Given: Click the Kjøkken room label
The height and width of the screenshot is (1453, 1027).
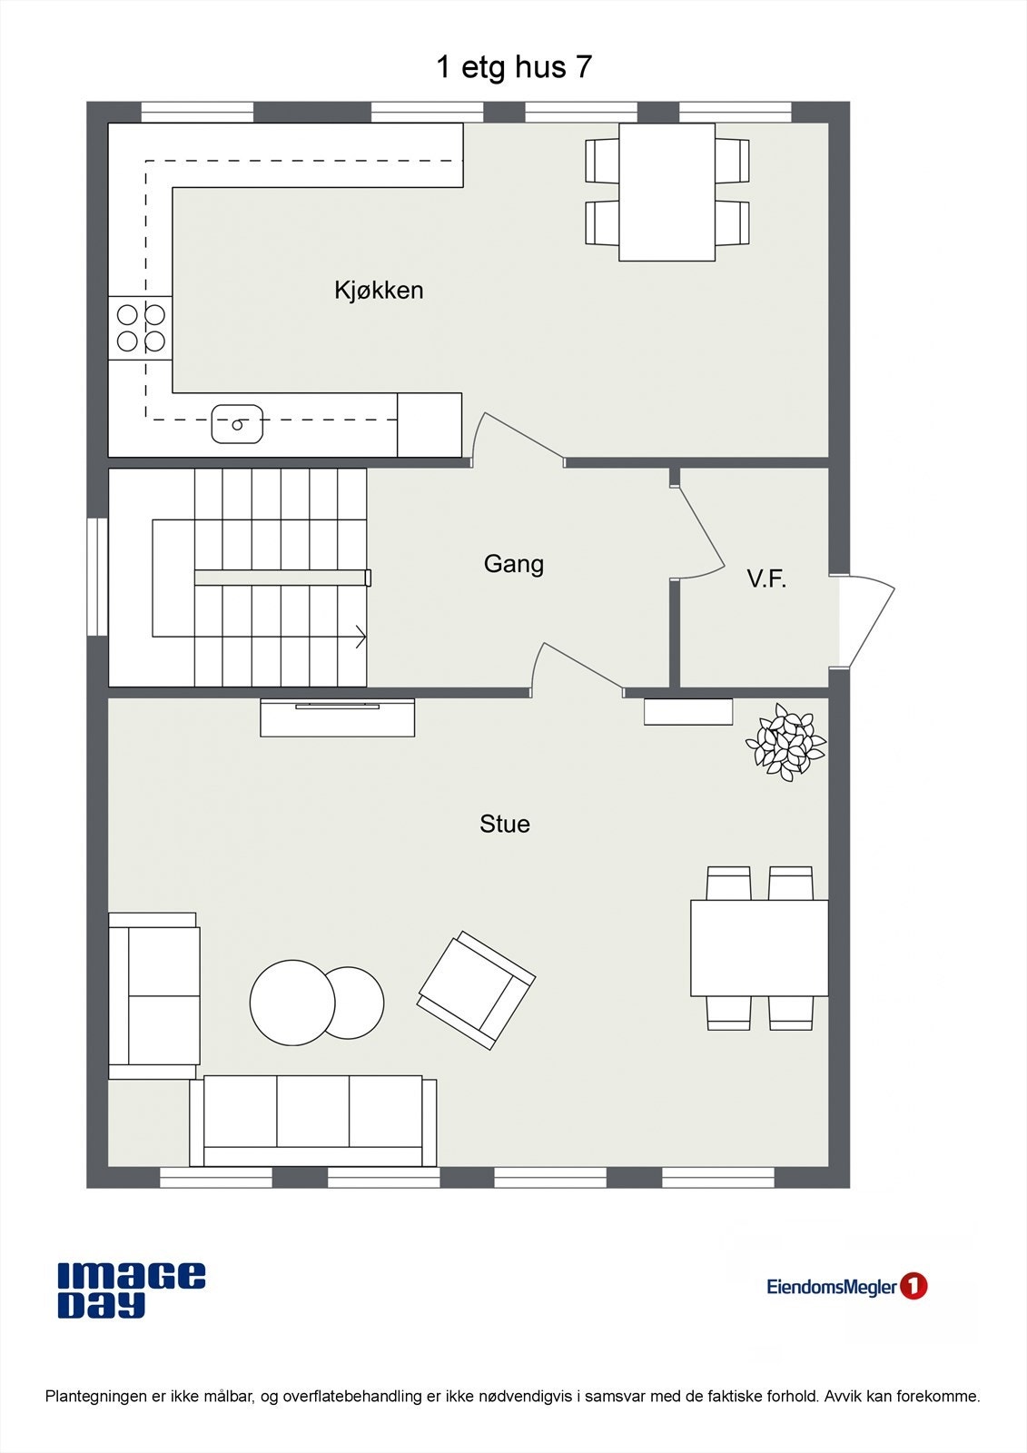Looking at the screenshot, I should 379,291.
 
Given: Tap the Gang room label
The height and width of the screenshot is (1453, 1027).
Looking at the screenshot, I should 514,564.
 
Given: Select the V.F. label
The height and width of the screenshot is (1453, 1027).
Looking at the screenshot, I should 766,579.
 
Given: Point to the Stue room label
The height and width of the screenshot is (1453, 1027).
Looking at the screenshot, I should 505,824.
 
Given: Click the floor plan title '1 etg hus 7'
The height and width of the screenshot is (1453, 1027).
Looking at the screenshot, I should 514,67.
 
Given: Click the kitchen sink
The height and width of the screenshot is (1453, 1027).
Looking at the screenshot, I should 237,424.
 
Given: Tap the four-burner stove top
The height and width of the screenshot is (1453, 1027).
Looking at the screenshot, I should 141,328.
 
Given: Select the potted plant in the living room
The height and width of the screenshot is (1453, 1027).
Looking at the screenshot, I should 786,743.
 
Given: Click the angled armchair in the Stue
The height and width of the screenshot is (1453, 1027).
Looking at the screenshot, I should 476,990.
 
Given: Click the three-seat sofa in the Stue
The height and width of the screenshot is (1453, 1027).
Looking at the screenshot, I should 313,1122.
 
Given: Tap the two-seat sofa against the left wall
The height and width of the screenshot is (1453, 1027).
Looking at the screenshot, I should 154,995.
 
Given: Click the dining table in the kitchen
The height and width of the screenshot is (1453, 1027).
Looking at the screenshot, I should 667,192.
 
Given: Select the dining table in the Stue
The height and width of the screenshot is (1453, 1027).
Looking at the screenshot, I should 759,948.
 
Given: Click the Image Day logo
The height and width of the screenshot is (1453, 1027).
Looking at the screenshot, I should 132,1290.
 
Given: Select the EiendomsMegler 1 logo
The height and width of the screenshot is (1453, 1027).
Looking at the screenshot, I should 846,1286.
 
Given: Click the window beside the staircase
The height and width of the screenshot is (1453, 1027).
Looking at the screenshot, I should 97,577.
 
